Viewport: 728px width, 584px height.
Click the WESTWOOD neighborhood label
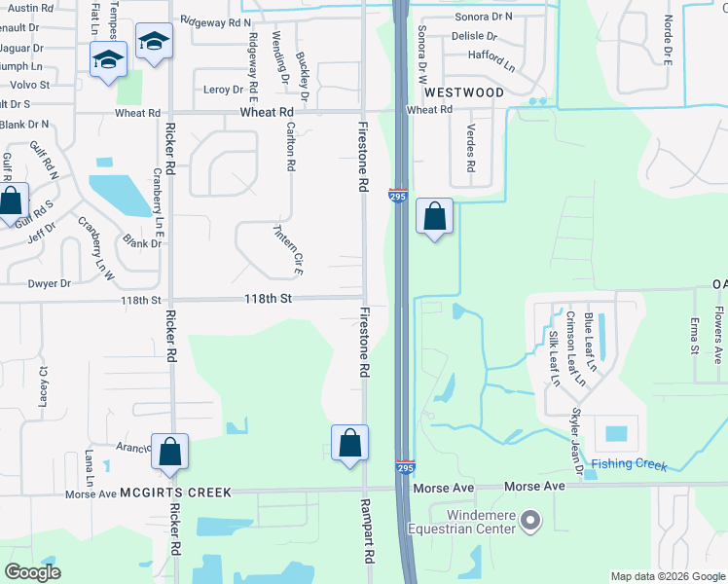[464, 92]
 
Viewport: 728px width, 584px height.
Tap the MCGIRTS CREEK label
[176, 493]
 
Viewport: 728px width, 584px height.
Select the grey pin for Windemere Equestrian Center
[530, 523]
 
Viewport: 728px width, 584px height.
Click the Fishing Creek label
[629, 465]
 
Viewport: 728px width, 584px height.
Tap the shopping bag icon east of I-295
[435, 216]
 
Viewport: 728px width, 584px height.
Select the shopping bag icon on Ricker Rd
[169, 451]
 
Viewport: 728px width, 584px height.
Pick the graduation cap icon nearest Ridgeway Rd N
[153, 41]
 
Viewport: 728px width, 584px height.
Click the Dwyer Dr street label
[52, 284]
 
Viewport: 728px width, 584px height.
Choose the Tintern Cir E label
[287, 250]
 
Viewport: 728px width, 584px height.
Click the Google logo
[33, 572]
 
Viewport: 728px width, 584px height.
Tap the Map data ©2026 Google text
[668, 576]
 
